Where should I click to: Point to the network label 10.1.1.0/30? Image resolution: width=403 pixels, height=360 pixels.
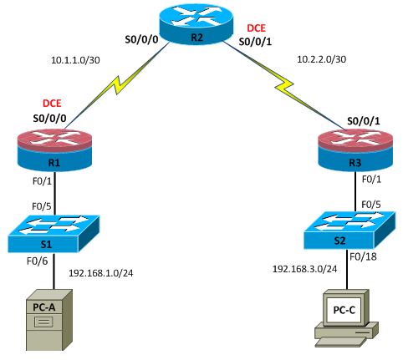76,60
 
